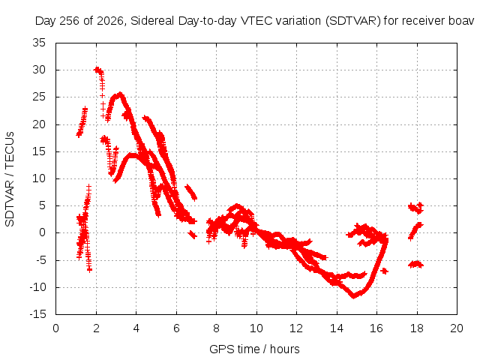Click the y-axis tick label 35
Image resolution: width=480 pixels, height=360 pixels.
[x=39, y=43]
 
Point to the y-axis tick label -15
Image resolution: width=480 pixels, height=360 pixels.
[x=38, y=314]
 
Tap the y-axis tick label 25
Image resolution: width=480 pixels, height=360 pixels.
[x=39, y=97]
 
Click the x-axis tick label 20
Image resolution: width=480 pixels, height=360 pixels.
[x=457, y=328]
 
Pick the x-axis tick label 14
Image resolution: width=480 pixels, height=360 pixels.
[x=337, y=328]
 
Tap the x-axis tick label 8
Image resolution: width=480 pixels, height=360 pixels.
[x=216, y=328]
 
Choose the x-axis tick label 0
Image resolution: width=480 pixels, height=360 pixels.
[x=55, y=328]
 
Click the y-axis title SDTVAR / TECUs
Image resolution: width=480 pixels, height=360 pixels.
[x=10, y=179]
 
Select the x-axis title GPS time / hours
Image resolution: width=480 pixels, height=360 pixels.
[x=254, y=349]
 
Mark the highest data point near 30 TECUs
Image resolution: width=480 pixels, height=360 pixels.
[x=97, y=70]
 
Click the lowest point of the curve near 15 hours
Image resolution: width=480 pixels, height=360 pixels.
[x=353, y=296]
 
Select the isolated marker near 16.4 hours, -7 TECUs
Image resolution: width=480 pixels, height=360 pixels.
[x=385, y=271]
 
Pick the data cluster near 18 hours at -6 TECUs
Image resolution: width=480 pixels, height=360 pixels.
[x=415, y=264]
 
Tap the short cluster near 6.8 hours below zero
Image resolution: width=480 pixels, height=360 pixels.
[x=193, y=235]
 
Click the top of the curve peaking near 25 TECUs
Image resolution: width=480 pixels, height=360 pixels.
[x=120, y=94]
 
